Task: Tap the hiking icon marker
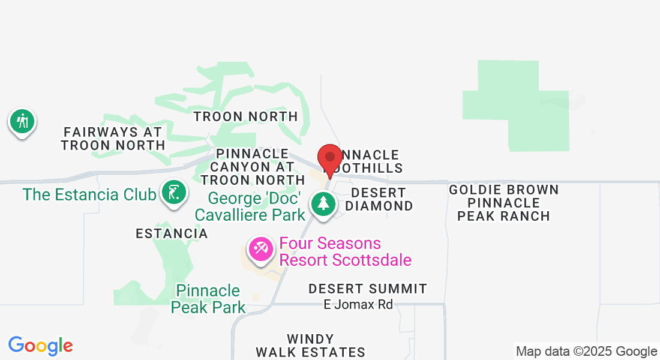(x=22, y=121)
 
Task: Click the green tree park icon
(x=323, y=203)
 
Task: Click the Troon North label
(x=245, y=116)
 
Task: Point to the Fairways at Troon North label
(x=113, y=138)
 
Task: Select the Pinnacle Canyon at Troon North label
(x=252, y=167)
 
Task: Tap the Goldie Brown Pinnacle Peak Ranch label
(x=504, y=203)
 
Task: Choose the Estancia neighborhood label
(x=172, y=233)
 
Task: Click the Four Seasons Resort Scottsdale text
(x=346, y=251)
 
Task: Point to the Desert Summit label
(x=368, y=289)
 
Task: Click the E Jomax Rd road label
(x=358, y=305)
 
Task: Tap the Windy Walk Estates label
(x=310, y=346)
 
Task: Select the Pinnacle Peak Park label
(x=208, y=299)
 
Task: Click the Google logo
(x=41, y=346)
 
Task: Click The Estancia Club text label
(x=89, y=194)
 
